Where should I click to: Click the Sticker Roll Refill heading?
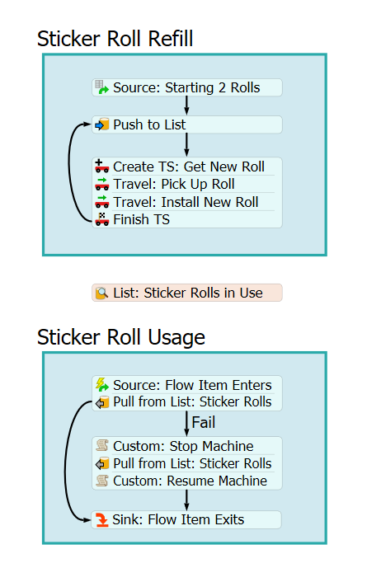tap(115, 39)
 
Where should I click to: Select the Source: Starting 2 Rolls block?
tap(186, 87)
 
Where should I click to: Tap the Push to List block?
tap(186, 124)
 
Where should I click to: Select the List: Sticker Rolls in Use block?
tap(186, 293)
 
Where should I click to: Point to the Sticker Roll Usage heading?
tap(121, 337)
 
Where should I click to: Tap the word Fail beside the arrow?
tap(203, 422)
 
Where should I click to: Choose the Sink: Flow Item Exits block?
tap(186, 519)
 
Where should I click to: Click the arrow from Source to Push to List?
tap(186, 106)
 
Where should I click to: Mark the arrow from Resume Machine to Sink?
tap(186, 500)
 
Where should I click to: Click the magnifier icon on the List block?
tap(101, 293)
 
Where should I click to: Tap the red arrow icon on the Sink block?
tap(101, 519)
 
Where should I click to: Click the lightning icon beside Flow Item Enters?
tap(101, 384)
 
